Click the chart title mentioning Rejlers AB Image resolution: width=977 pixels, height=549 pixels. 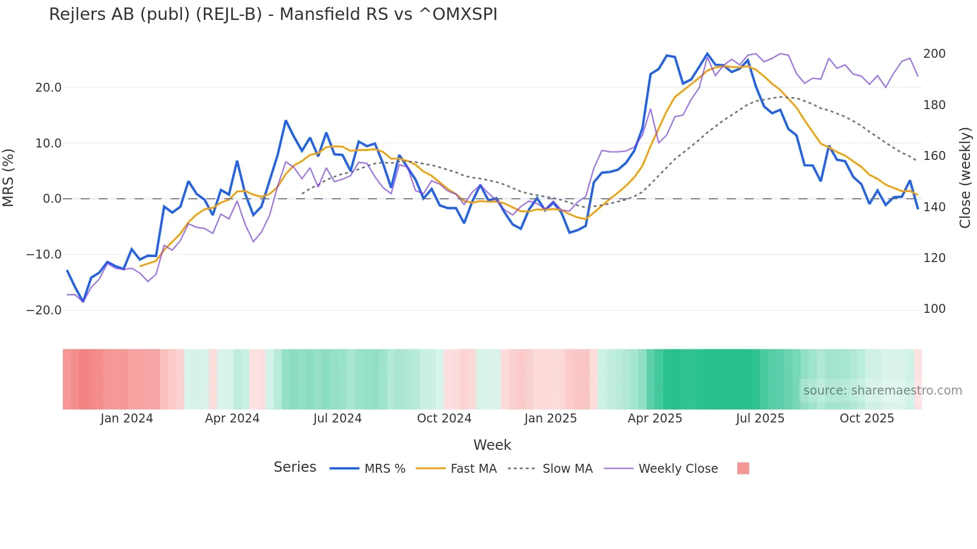tap(273, 14)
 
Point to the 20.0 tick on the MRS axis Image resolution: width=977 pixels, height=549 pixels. tap(48, 88)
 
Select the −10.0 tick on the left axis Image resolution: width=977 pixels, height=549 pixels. tap(44, 255)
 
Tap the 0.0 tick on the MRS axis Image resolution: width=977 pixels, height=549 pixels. tap(52, 199)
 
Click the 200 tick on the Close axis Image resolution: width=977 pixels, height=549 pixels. tap(934, 54)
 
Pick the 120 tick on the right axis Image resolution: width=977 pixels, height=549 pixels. tap(934, 258)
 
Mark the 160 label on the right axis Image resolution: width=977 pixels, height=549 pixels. tap(934, 156)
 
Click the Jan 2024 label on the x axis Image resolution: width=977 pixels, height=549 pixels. tap(127, 418)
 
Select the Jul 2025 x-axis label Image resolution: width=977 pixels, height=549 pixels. tap(760, 418)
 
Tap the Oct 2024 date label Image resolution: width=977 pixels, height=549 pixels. tap(444, 418)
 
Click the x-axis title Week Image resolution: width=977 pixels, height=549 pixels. tap(492, 445)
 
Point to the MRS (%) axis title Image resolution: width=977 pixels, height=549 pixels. tap(8, 177)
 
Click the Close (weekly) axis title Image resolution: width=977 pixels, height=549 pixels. tap(966, 177)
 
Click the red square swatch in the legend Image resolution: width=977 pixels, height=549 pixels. tap(743, 468)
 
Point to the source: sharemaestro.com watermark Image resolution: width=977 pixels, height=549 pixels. tap(882, 391)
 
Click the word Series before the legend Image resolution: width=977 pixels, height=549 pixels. tap(295, 467)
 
